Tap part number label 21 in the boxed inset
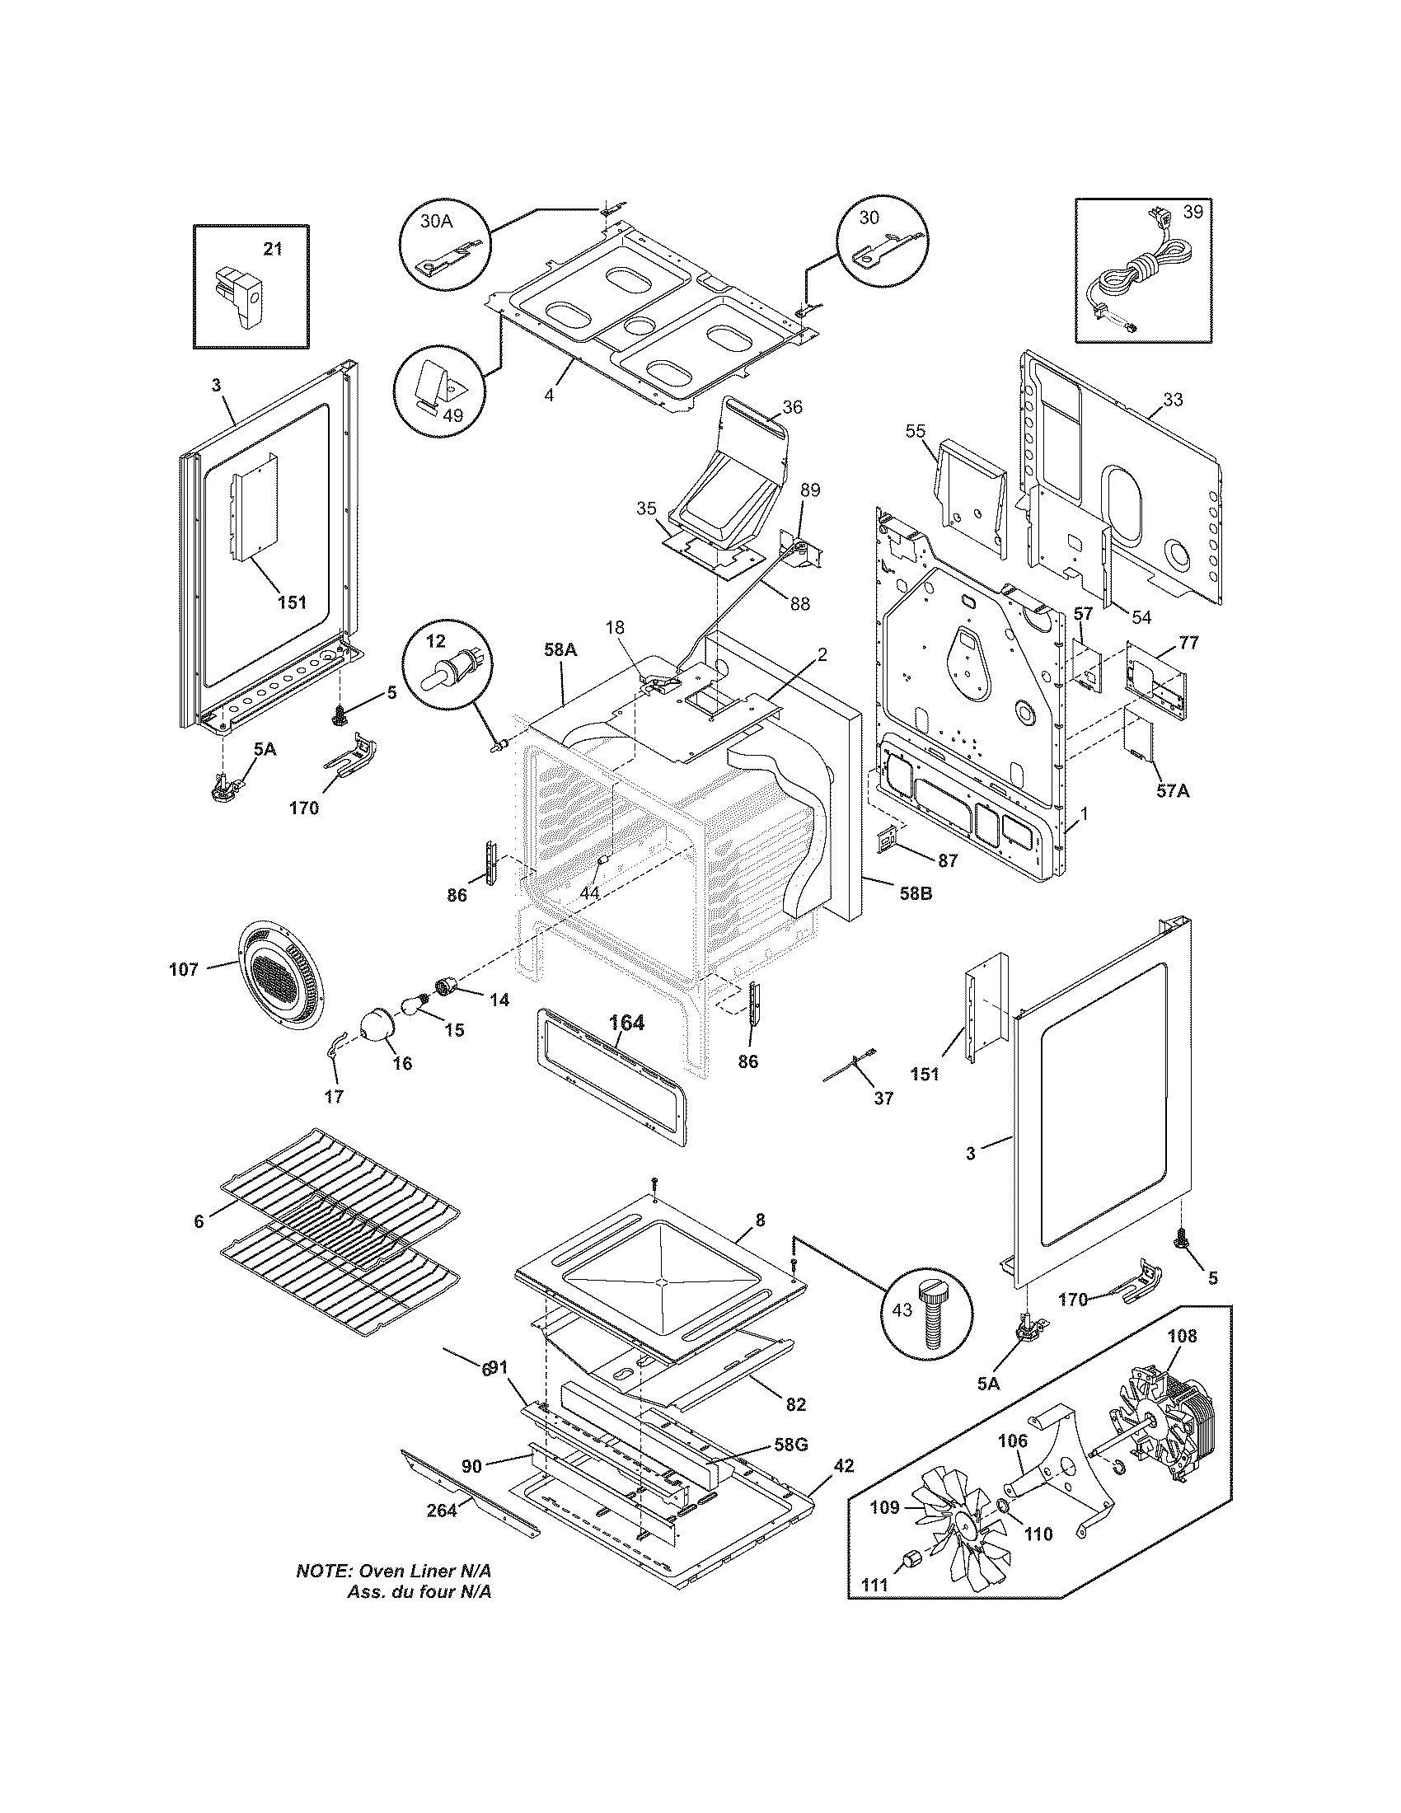coord(273,248)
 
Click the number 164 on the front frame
coord(626,1023)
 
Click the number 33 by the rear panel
coord(1172,400)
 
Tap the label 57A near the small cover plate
coord(1171,791)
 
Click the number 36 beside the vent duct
coord(792,407)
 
